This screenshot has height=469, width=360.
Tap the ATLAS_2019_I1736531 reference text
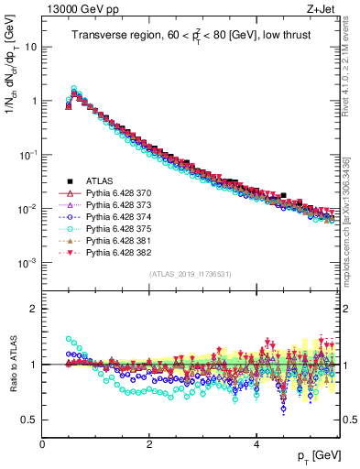point(191,275)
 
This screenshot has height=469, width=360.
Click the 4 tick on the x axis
point(256,443)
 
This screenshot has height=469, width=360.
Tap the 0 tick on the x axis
point(42,443)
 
